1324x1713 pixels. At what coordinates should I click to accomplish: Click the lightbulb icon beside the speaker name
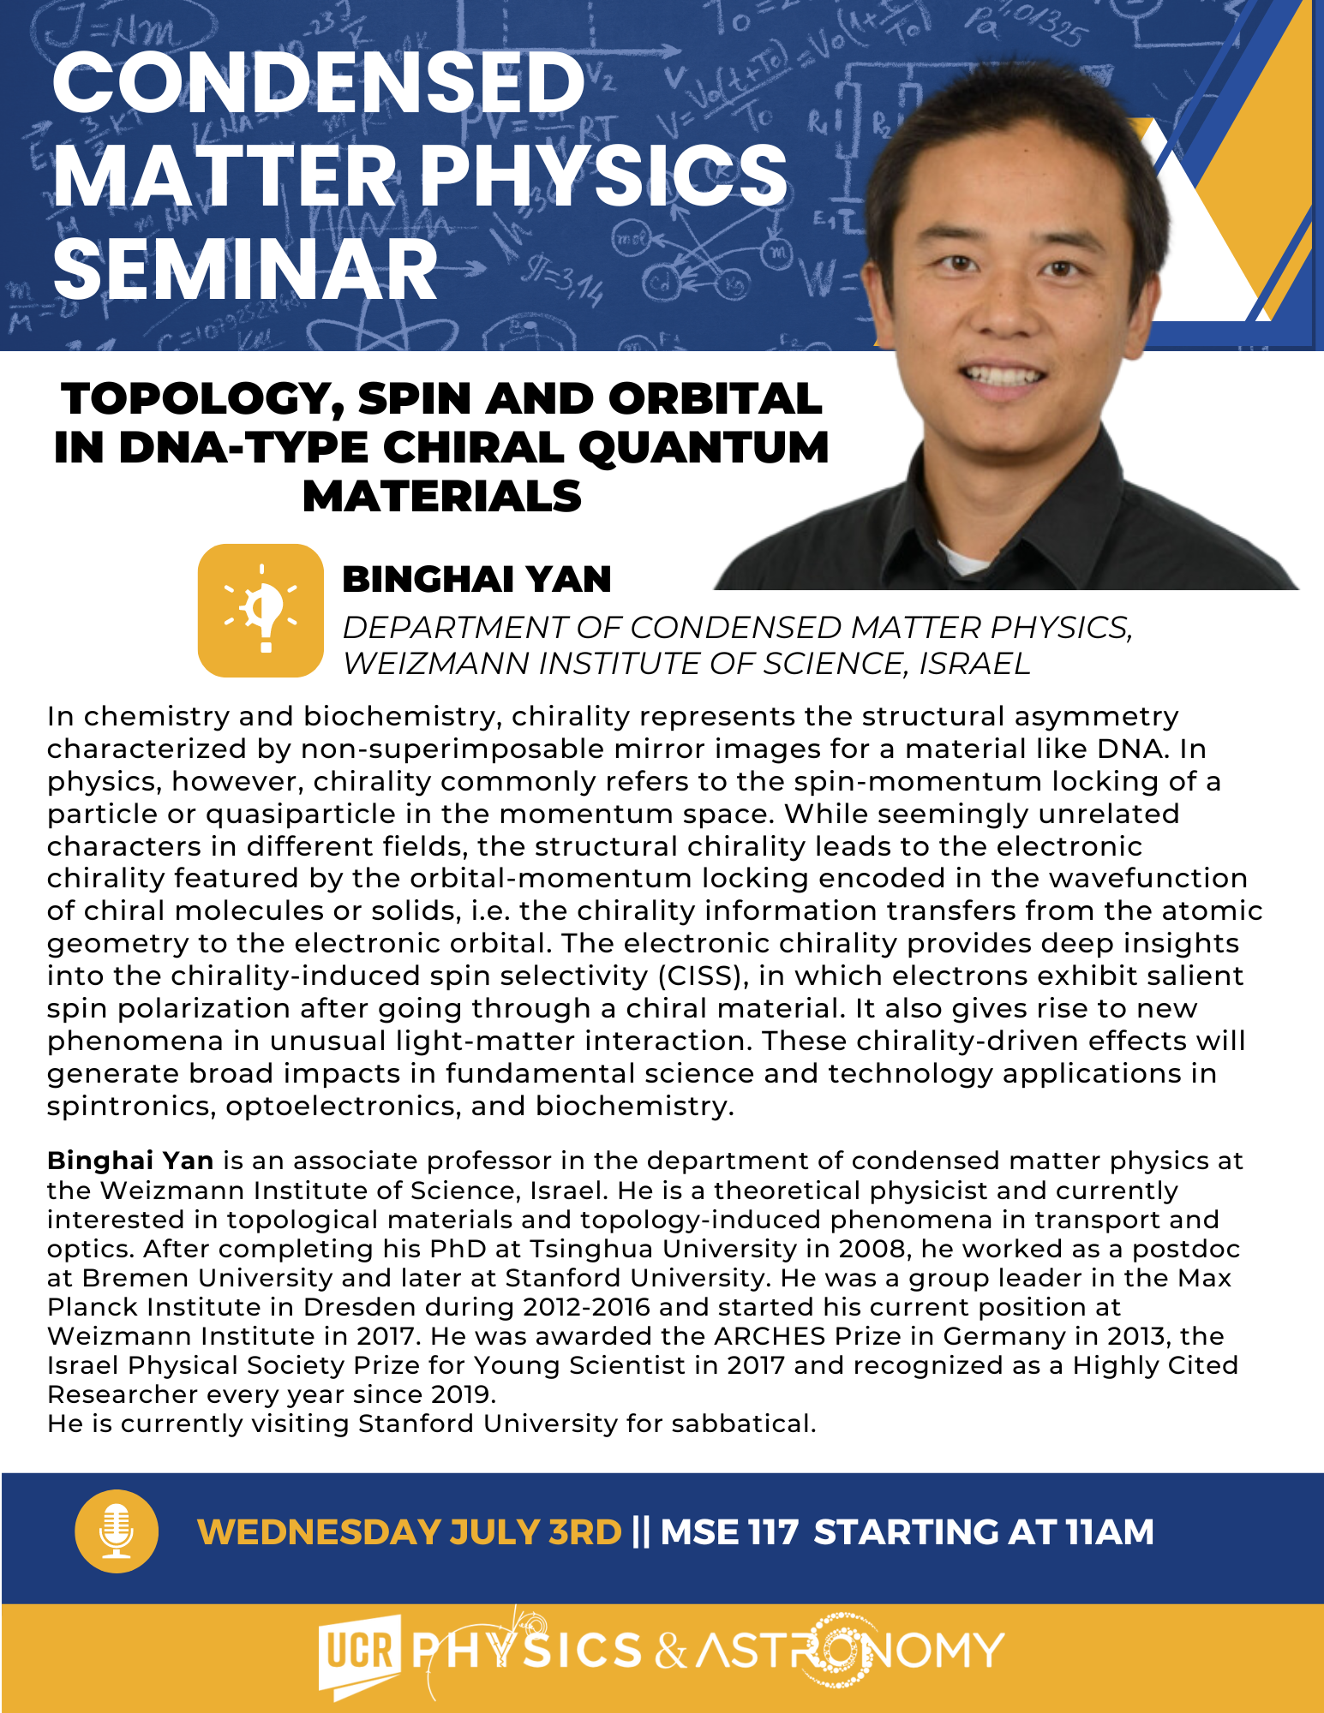pyautogui.click(x=261, y=611)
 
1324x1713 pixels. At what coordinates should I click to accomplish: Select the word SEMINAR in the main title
pyautogui.click(x=245, y=270)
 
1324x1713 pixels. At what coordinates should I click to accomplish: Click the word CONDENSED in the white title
pyautogui.click(x=319, y=82)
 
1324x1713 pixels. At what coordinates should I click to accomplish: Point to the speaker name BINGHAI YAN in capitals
pyautogui.click(x=476, y=580)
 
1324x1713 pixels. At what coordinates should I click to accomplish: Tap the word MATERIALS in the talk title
pyautogui.click(x=442, y=497)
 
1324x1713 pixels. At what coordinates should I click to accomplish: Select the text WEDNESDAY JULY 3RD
pyautogui.click(x=410, y=1532)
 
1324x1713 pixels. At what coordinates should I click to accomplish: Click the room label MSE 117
pyautogui.click(x=729, y=1532)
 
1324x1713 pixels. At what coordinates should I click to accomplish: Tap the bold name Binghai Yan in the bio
pyautogui.click(x=130, y=1161)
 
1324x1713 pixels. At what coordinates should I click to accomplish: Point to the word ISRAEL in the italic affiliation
pyautogui.click(x=975, y=665)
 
